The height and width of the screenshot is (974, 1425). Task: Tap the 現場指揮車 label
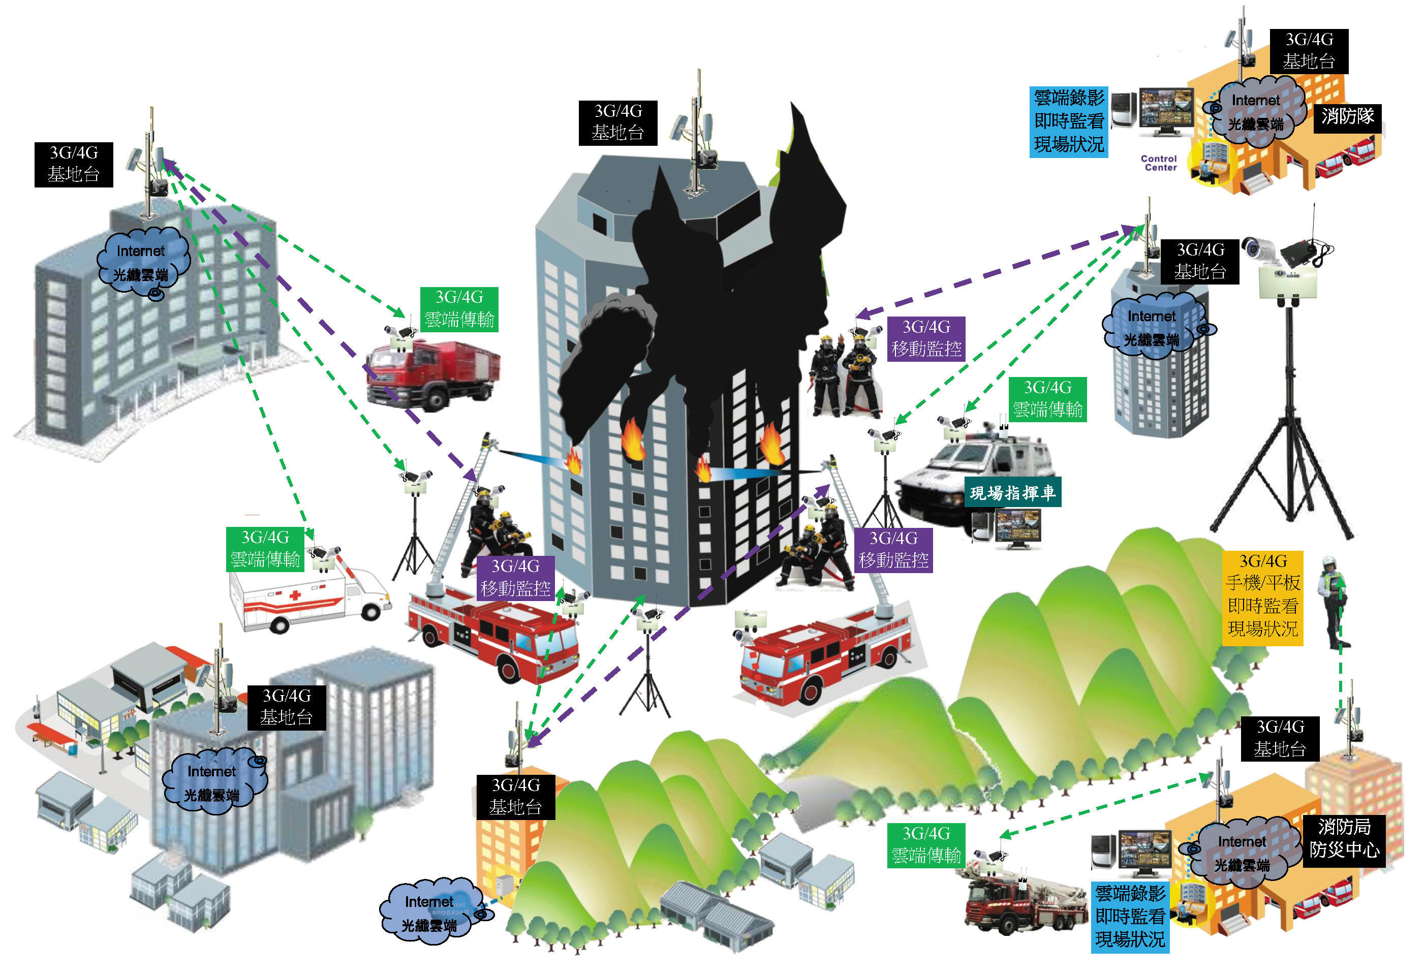1012,492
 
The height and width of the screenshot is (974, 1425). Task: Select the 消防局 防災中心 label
1344,838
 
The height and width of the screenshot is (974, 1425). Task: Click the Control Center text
1159,163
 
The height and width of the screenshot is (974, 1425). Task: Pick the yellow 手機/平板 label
1262,598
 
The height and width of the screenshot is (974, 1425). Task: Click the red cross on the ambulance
294,595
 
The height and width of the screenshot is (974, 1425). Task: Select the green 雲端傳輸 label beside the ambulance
265,549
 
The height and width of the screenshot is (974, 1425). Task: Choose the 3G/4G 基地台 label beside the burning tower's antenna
617,122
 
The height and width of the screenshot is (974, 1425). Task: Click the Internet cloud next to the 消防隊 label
1255,112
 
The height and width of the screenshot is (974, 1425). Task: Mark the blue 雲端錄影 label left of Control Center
1069,122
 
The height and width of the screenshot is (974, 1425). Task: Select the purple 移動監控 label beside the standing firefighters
926,338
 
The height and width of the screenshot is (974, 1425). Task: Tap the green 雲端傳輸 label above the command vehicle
1048,399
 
